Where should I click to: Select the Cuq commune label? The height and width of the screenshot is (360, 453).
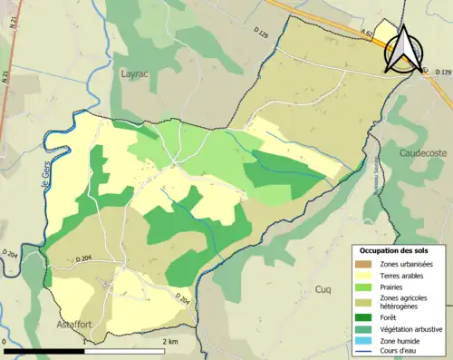pyautogui.click(x=322, y=288)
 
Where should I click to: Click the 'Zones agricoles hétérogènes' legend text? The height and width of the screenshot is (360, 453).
pyautogui.click(x=410, y=302)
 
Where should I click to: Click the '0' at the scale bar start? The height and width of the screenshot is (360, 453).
pyautogui.click(x=6, y=342)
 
